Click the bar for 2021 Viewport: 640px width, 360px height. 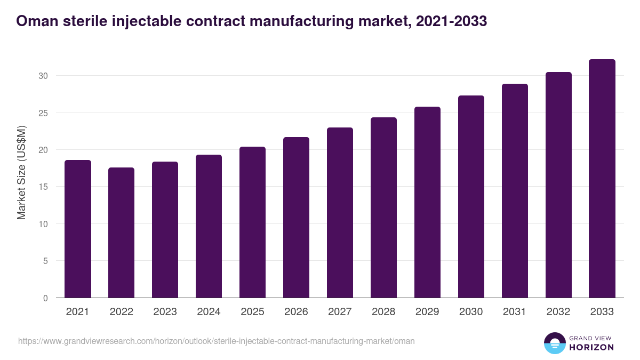coord(78,229)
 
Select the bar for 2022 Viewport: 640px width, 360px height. coord(122,233)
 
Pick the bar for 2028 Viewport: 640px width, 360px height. coord(384,208)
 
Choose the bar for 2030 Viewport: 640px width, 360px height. coord(471,197)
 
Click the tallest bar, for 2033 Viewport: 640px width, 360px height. coord(602,179)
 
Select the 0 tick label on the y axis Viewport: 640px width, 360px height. coord(45,298)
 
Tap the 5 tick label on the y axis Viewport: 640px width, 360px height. coord(45,261)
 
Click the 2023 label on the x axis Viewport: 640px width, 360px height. coord(165,312)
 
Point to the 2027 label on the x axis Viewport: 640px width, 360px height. coord(340,312)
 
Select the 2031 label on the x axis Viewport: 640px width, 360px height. coord(515,312)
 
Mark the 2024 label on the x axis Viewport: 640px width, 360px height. coord(209,312)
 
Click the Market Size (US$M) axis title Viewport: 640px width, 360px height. coord(21,173)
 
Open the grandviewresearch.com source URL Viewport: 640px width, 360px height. coord(217,341)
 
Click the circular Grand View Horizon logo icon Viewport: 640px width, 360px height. coord(555,343)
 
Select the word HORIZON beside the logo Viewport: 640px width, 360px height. coord(591,347)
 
